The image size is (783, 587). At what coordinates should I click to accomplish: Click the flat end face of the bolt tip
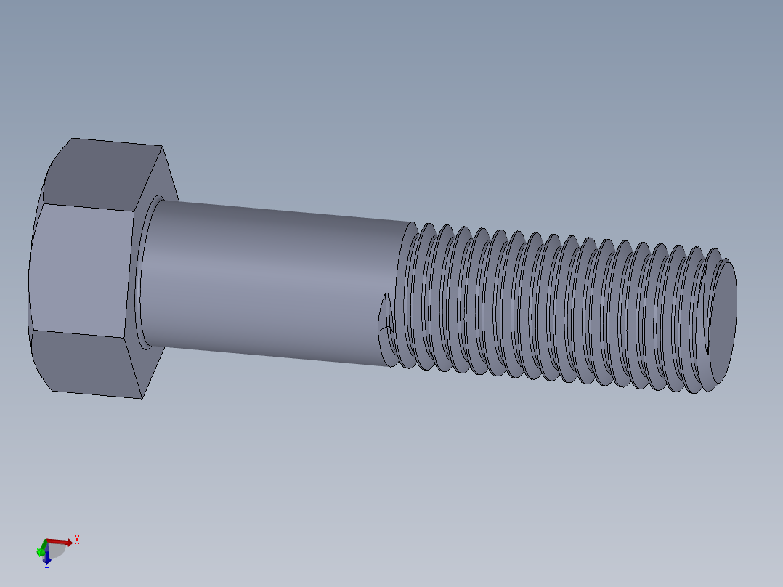(x=722, y=320)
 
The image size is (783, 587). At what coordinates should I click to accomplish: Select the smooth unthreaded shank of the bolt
(x=276, y=283)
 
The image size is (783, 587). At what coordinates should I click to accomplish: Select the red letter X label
(x=76, y=540)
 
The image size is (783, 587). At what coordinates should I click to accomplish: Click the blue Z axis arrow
(x=46, y=558)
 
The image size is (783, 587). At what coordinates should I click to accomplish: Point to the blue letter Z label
(x=46, y=566)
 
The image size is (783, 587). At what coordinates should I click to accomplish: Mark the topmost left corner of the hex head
(x=71, y=138)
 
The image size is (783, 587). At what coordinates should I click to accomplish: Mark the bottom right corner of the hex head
(x=141, y=398)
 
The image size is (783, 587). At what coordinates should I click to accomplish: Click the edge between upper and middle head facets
(x=87, y=208)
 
